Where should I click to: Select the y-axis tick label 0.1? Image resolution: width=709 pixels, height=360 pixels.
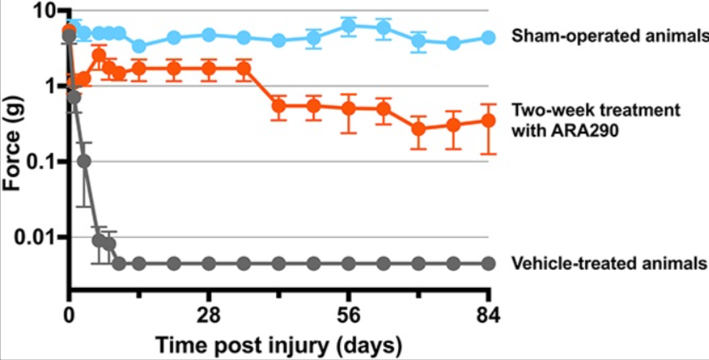41,161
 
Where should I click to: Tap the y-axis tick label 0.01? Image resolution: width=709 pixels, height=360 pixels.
36,237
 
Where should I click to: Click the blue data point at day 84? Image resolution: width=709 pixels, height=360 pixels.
488,37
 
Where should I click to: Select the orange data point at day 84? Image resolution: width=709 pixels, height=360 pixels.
488,121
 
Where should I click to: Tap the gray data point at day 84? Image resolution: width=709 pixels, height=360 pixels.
488,263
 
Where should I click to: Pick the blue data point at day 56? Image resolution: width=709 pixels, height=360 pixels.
348,26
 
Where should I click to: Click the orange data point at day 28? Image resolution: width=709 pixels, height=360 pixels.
209,68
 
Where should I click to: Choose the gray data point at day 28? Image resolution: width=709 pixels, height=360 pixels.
209,263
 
